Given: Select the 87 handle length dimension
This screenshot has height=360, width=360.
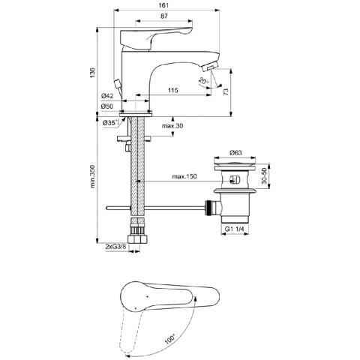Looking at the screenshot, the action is pyautogui.click(x=163, y=16).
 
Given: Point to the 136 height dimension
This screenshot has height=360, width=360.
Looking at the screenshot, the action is pyautogui.click(x=93, y=72).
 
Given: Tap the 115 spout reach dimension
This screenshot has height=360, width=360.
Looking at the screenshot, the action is pyautogui.click(x=172, y=90).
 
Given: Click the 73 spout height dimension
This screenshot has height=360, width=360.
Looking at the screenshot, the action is pyautogui.click(x=226, y=92).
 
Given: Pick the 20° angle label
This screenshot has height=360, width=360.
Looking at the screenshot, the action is pyautogui.click(x=203, y=81).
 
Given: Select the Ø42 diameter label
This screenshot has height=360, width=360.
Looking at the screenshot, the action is pyautogui.click(x=107, y=96).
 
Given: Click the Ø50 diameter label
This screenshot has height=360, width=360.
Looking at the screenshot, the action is pyautogui.click(x=107, y=106).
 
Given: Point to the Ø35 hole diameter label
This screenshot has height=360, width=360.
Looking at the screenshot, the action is pyautogui.click(x=110, y=123).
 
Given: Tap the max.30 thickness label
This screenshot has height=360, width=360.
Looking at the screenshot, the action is pyautogui.click(x=172, y=126).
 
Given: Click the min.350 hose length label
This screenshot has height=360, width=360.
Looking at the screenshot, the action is pyautogui.click(x=93, y=176).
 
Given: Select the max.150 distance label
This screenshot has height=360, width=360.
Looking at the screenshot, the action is pyautogui.click(x=184, y=176).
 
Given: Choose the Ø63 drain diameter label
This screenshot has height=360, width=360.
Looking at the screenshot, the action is pyautogui.click(x=235, y=152).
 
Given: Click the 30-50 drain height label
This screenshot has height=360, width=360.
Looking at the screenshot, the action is pyautogui.click(x=264, y=176).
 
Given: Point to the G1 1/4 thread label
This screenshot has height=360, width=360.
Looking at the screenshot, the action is pyautogui.click(x=234, y=229).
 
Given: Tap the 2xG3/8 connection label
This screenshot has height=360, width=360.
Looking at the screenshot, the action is pyautogui.click(x=116, y=247).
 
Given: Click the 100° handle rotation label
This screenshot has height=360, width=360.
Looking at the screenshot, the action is pyautogui.click(x=170, y=339).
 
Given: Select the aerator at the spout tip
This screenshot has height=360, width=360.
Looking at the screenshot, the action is pyautogui.click(x=210, y=67).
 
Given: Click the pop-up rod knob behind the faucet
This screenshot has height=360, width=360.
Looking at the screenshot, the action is pyautogui.click(x=118, y=83).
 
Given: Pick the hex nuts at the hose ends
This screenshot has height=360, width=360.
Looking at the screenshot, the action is pyautogui.click(x=137, y=239).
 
